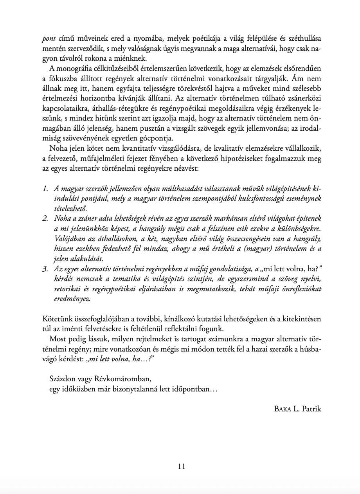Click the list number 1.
coord(45,189)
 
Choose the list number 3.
coord(45,269)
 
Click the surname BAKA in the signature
coord(283,409)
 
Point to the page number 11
coord(181,466)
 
